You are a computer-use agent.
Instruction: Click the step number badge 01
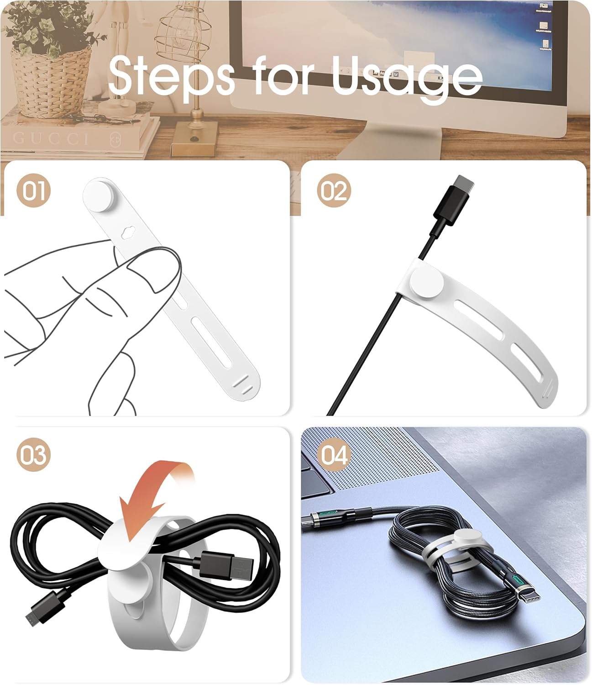(x=34, y=190)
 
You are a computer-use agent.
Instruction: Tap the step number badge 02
(x=334, y=190)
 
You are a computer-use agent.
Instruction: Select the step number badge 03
(x=34, y=455)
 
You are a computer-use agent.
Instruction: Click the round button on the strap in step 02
(x=427, y=285)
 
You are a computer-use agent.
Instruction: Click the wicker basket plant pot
(x=50, y=84)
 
